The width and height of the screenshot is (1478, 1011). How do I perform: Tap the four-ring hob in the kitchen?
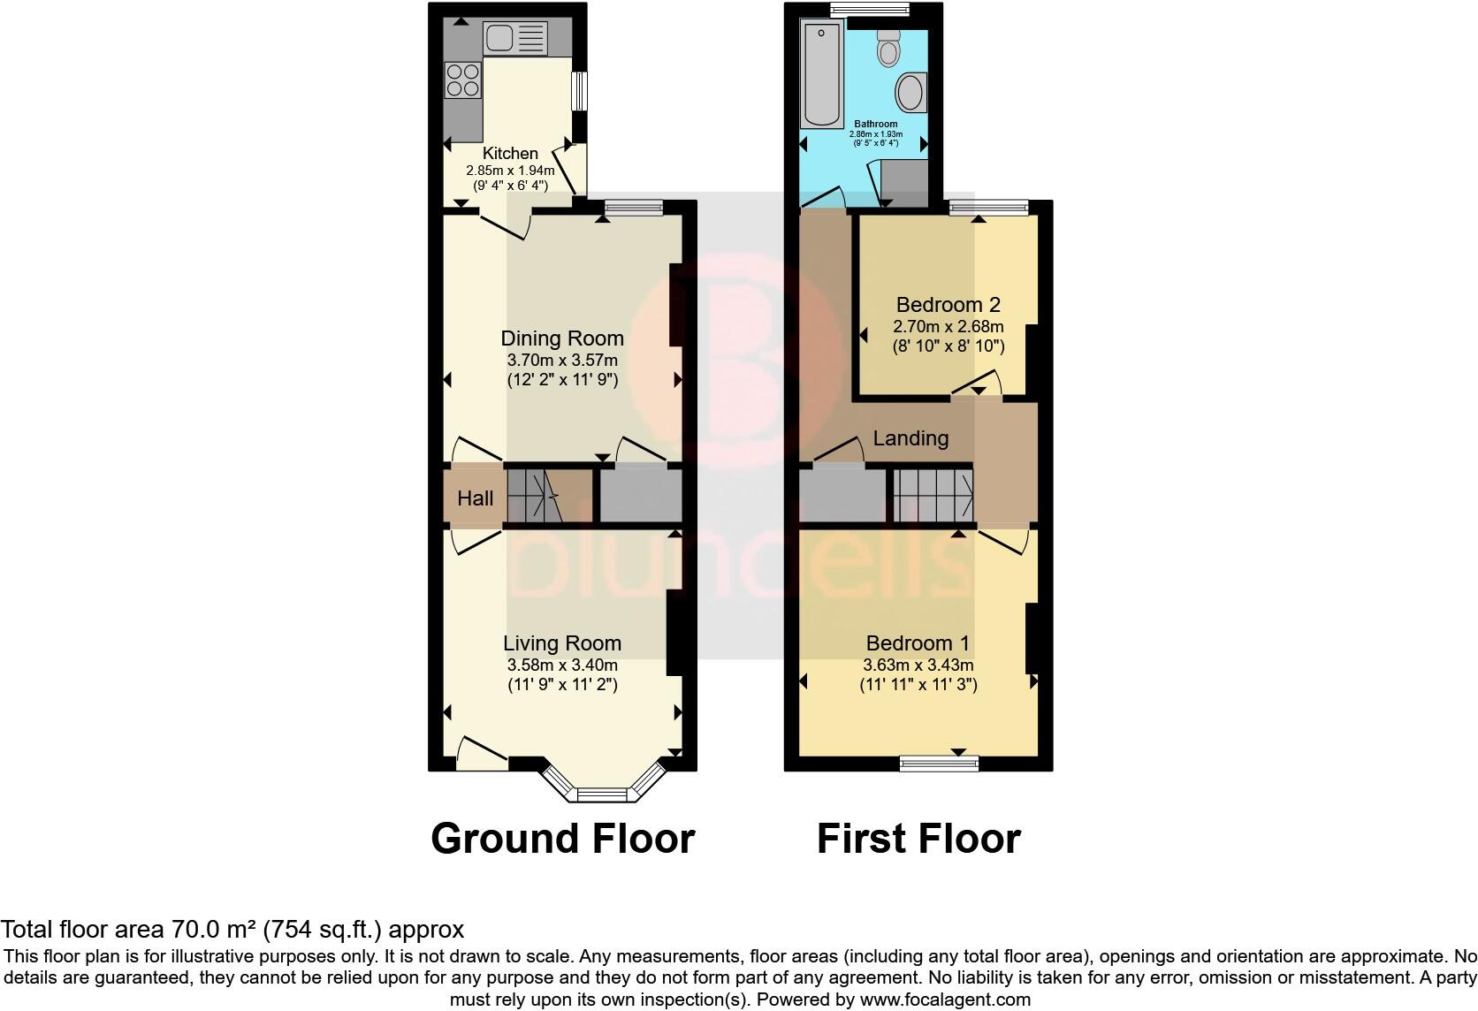pos(463,80)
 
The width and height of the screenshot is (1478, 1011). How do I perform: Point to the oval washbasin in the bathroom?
pos(910,93)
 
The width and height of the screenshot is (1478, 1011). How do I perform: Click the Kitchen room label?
pos(510,154)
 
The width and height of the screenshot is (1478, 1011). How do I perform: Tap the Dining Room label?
pos(562,338)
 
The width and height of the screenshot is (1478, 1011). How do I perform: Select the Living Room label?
pos(562,643)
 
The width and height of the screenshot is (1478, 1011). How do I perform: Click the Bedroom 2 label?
pos(948,305)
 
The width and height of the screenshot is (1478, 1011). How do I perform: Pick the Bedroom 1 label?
pos(918,643)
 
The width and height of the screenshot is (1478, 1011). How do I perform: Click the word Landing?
pos(910,438)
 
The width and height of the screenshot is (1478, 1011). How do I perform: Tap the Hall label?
pos(475,498)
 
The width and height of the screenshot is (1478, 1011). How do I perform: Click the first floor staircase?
pos(933,496)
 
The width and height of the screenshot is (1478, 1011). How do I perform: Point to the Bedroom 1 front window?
pos(939,762)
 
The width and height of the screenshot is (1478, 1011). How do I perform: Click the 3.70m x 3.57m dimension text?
pos(562,361)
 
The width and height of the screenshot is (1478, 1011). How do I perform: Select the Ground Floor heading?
pos(562,838)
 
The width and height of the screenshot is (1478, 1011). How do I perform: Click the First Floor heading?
pos(918,838)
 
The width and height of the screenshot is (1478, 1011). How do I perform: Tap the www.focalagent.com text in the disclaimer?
pos(944,1000)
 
